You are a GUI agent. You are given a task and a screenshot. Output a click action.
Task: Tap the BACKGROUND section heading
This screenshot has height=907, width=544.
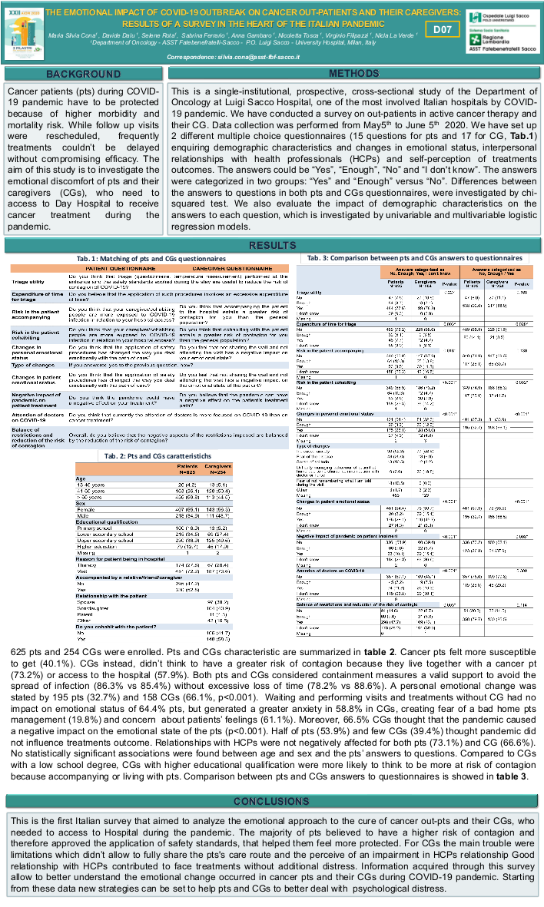tap(78, 74)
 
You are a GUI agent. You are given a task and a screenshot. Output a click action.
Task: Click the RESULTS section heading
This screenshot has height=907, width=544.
tap(272, 245)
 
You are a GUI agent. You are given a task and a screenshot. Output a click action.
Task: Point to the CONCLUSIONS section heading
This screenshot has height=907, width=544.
tap(272, 779)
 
